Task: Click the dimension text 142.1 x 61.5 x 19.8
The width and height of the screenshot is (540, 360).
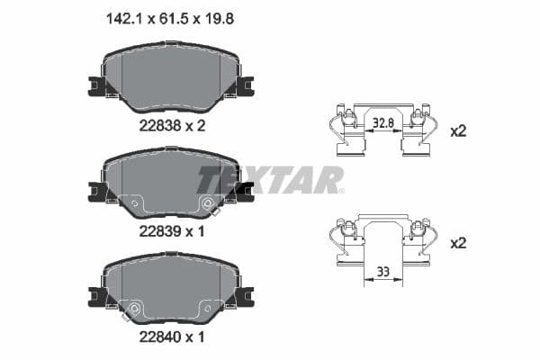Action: [x=170, y=15]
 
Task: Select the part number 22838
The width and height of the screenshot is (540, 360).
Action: [x=158, y=126]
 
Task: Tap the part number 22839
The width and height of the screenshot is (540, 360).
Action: [x=158, y=230]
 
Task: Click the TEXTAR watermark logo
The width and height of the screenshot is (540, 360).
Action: [x=270, y=178]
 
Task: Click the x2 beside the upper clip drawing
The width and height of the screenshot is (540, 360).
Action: [x=458, y=131]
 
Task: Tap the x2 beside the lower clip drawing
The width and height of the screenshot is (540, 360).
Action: [x=458, y=243]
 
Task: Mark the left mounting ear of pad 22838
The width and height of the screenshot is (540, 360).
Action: [x=98, y=86]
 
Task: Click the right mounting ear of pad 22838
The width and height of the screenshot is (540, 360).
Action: [x=244, y=86]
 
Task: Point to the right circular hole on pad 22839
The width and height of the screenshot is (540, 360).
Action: [x=210, y=203]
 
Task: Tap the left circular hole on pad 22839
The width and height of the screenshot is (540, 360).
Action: [x=134, y=203]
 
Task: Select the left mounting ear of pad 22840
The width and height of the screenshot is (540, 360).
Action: [x=98, y=296]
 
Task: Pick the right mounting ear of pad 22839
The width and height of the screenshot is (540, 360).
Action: [x=244, y=191]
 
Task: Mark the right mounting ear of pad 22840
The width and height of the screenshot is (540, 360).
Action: [x=244, y=296]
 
